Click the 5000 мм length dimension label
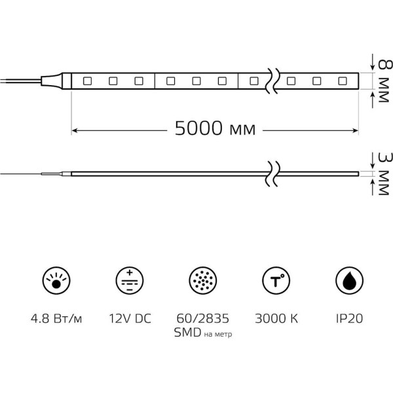(215, 128)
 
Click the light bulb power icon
(56, 280)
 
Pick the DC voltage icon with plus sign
(130, 280)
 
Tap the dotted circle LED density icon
(203, 280)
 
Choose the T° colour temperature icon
(276, 280)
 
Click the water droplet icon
(349, 280)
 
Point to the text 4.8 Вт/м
(56, 319)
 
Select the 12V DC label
(130, 318)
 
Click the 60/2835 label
(203, 318)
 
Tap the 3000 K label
(276, 318)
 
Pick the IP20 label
(349, 318)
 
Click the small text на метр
(218, 334)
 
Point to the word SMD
(188, 333)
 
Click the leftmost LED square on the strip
(87, 81)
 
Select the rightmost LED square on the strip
(343, 81)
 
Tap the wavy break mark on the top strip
(272, 81)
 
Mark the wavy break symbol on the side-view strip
(272, 174)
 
